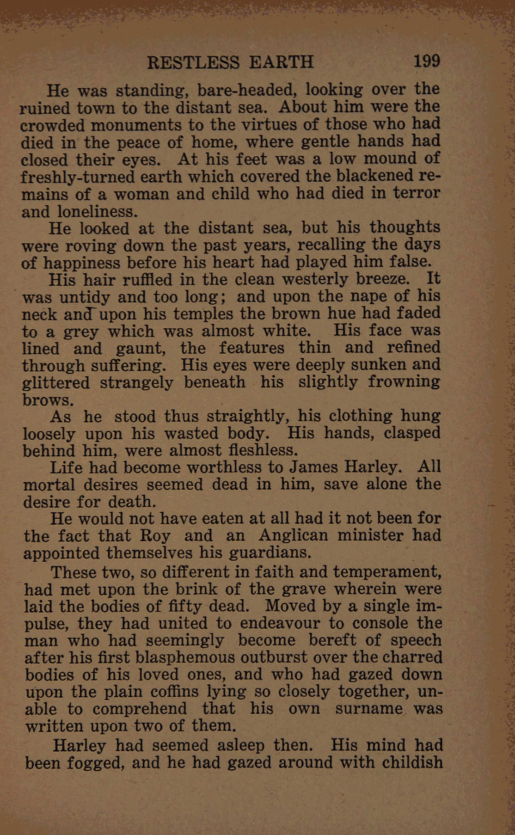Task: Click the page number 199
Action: [x=426, y=61]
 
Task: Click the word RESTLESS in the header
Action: [x=193, y=62]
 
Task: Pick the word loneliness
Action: [x=98, y=212]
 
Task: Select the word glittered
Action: [x=56, y=383]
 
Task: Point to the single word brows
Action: [x=48, y=400]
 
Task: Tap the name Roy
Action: [x=155, y=536]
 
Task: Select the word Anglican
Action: [x=293, y=535]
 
